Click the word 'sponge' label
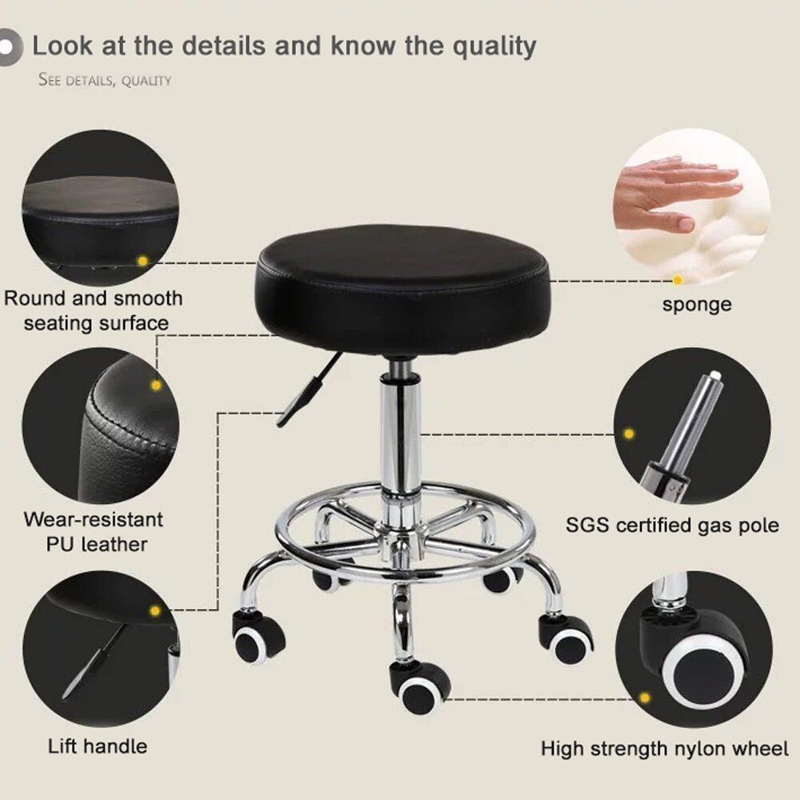[697, 305]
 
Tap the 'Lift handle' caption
[98, 746]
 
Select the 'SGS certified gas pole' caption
[672, 526]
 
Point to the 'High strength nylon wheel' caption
[665, 749]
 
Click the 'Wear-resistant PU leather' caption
[94, 532]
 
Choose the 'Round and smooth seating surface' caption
[94, 310]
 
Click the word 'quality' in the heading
[494, 47]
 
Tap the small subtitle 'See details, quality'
[105, 79]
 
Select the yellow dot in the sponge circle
[677, 280]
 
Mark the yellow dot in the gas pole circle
[629, 434]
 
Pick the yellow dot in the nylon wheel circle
[644, 698]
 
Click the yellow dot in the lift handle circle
[154, 610]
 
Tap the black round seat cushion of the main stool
[403, 288]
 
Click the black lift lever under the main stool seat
[309, 389]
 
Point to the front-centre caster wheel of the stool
[419, 688]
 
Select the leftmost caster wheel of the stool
[258, 637]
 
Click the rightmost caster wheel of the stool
[566, 639]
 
